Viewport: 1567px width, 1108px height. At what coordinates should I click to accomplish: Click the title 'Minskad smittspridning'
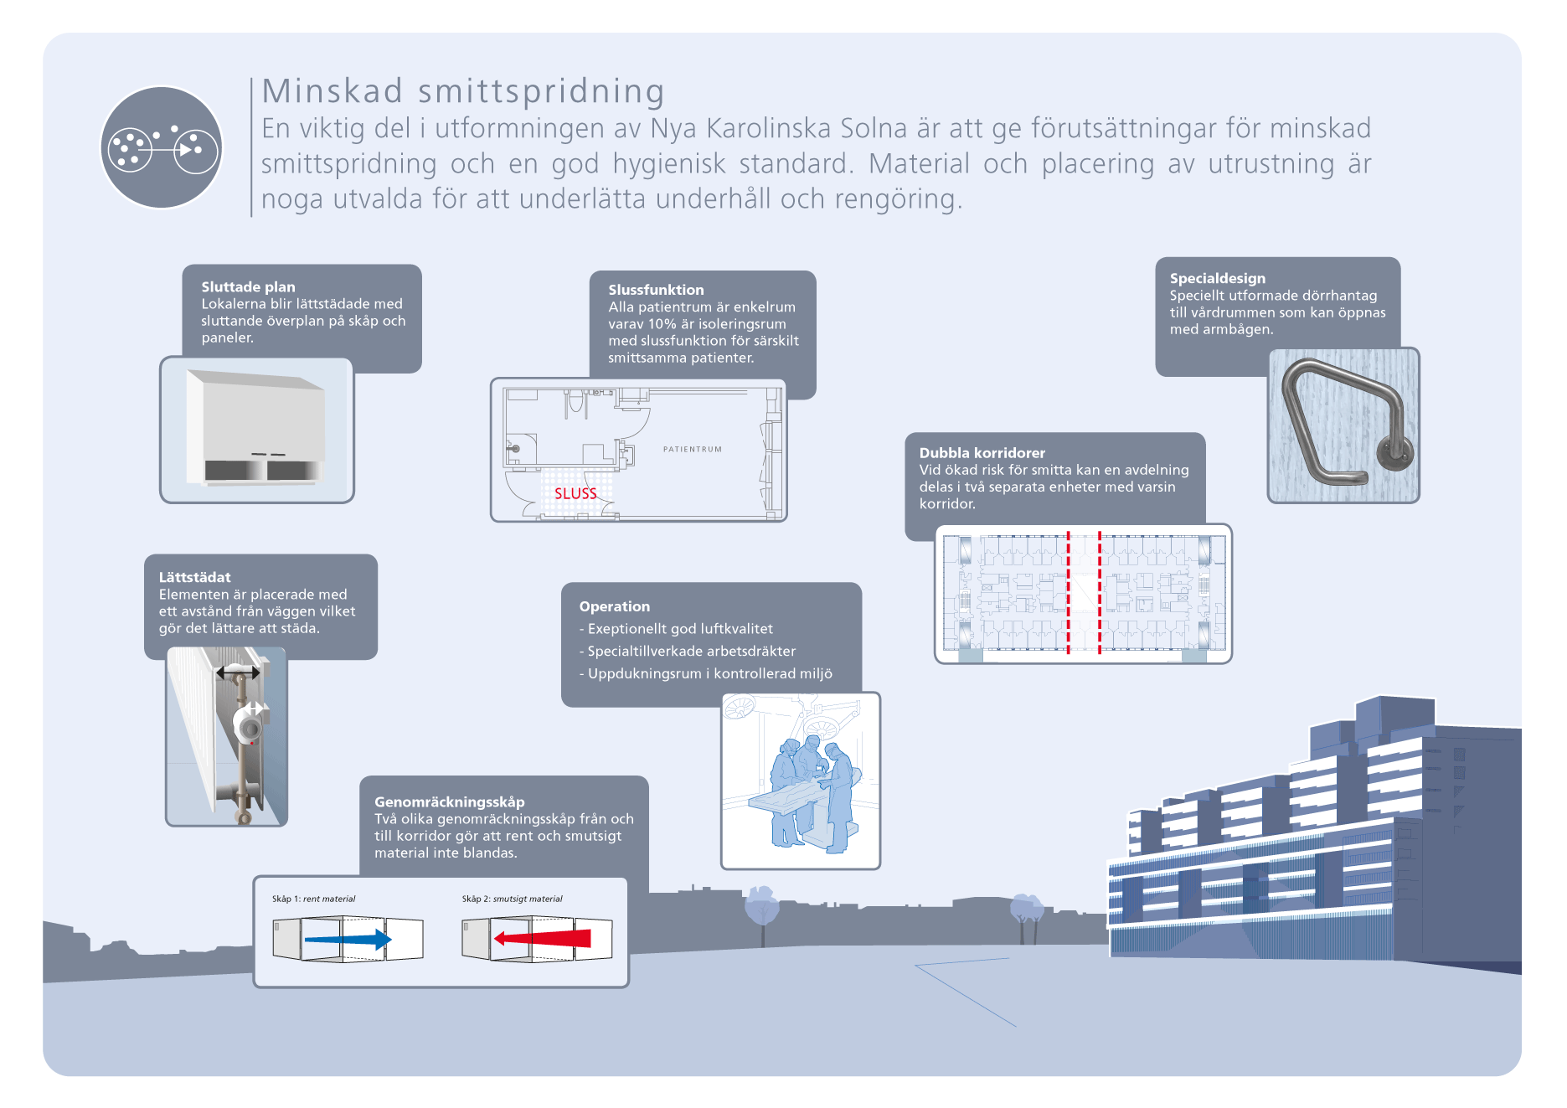463,91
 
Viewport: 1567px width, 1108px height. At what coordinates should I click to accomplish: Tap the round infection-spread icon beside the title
162,147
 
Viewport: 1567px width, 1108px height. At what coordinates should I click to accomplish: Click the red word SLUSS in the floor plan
575,493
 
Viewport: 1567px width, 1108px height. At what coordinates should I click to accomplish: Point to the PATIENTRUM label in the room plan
693,450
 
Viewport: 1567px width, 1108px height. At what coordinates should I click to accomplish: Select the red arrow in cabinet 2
543,938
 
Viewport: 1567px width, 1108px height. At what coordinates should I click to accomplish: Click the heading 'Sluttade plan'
248,286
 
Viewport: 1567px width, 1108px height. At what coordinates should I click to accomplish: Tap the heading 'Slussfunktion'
656,290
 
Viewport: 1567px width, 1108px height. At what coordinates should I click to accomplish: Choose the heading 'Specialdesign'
1217,278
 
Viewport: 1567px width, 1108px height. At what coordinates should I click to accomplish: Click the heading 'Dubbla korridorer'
982,453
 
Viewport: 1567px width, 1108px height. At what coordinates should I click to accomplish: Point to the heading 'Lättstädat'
194,577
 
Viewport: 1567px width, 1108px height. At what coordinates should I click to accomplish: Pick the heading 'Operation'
614,606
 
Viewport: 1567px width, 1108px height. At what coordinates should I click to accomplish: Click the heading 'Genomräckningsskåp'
449,801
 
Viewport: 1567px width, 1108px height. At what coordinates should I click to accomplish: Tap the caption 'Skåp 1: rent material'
313,899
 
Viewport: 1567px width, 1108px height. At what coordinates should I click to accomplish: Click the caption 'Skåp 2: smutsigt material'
512,899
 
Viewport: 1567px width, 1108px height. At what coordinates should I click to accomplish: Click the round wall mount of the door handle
1394,453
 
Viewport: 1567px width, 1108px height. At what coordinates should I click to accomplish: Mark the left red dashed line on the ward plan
1068,592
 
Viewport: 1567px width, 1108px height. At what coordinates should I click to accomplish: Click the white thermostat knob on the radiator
249,723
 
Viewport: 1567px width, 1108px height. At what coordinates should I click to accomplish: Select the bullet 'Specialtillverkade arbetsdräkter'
691,651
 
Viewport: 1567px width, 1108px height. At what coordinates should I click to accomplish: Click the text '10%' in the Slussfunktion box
662,324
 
